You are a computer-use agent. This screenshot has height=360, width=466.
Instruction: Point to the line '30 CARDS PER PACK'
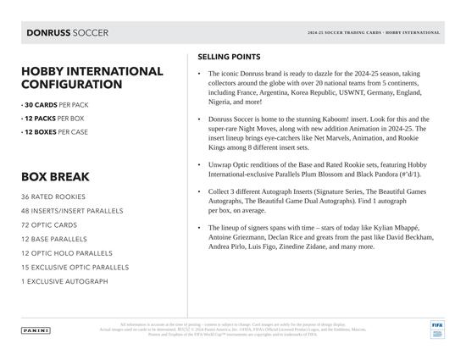[x=54, y=104]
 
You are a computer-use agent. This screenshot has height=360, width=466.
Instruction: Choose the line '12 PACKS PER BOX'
[x=53, y=119]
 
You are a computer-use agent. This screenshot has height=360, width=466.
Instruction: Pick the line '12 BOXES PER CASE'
[x=56, y=133]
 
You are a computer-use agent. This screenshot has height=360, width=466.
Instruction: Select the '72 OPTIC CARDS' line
[x=49, y=224]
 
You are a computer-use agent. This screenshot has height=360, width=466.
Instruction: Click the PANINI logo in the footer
[x=36, y=330]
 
